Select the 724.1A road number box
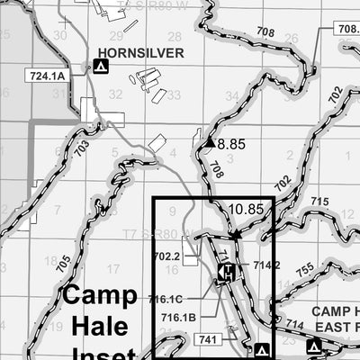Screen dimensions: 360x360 point(48,76)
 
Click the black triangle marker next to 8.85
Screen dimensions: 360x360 point(210,142)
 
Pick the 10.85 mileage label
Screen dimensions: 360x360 point(246,209)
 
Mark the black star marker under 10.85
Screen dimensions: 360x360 point(237,234)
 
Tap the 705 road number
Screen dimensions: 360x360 point(62,265)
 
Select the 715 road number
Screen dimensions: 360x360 point(319,202)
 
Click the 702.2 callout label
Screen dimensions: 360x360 point(167,256)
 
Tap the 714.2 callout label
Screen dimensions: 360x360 point(266,265)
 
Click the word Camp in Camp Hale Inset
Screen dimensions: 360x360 point(99,295)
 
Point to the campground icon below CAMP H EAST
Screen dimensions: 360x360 point(313,346)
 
